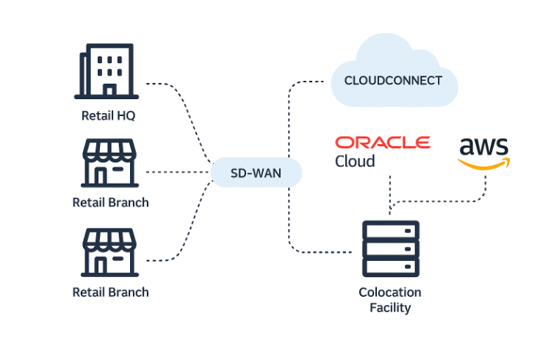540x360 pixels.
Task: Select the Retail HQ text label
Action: click(109, 115)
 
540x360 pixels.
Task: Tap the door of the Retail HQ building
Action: click(109, 90)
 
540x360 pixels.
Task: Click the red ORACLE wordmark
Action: click(382, 142)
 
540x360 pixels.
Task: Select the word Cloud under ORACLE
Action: click(355, 161)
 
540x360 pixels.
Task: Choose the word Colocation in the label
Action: click(390, 292)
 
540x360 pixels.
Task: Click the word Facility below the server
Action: click(390, 308)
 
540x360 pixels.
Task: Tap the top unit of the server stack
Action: click(390, 231)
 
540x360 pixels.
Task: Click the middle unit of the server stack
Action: click(390, 248)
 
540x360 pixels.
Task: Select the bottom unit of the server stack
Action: click(390, 266)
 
